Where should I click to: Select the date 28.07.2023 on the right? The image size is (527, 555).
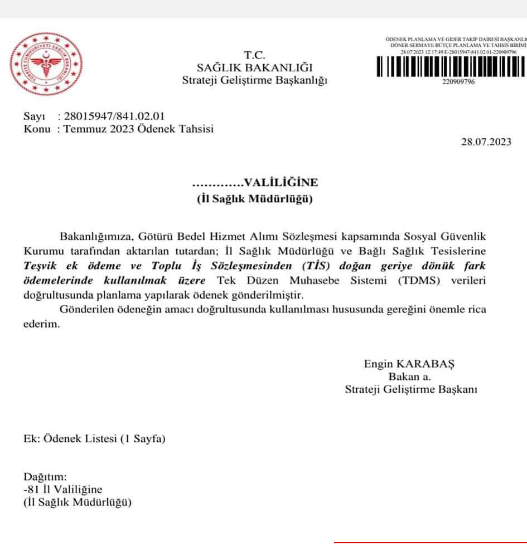[x=486, y=142]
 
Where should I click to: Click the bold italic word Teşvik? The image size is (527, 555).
[x=43, y=266]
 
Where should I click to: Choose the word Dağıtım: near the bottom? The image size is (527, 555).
[x=45, y=477]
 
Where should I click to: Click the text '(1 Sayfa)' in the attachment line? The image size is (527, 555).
[x=143, y=439]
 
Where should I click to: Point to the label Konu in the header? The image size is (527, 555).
[x=35, y=129]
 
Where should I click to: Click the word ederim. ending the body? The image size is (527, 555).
[x=41, y=325]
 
